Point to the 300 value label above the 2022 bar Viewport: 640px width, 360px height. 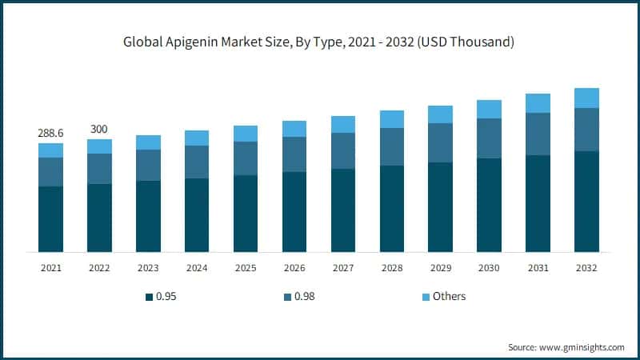[99, 129]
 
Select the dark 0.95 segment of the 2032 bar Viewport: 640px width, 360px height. [586, 202]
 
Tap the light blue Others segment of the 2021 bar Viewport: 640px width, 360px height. [50, 150]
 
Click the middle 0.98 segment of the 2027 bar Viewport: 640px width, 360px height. [343, 150]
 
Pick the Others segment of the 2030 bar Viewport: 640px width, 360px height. [489, 109]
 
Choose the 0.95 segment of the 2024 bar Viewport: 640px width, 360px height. [197, 215]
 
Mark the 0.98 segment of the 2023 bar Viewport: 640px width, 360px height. [148, 165]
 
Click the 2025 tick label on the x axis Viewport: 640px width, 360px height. [246, 267]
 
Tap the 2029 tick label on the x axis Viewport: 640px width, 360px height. [441, 267]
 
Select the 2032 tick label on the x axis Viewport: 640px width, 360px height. [586, 267]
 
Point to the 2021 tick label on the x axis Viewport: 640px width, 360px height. [50, 267]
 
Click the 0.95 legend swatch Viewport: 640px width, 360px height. [149, 297]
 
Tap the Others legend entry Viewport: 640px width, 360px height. [449, 297]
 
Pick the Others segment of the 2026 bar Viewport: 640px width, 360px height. [294, 129]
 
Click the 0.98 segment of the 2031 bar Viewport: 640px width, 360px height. [538, 134]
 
